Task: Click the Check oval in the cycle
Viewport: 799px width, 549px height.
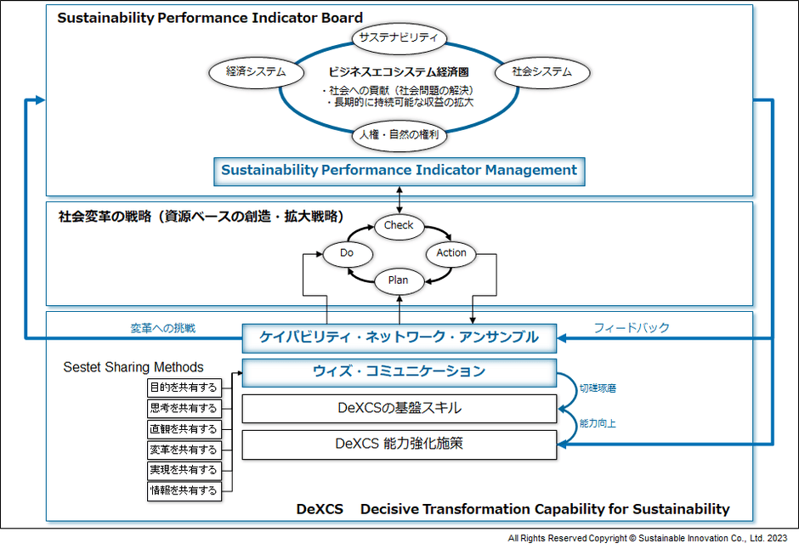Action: point(399,225)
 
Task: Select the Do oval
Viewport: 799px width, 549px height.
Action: point(346,252)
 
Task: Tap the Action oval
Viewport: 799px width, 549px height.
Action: point(451,252)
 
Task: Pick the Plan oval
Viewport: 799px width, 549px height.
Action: point(399,280)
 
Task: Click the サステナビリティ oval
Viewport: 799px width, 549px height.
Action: point(399,37)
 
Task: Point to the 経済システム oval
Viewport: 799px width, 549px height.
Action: point(256,72)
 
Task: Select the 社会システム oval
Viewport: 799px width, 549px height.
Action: point(541,72)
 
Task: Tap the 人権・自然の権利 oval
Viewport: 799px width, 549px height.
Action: point(399,133)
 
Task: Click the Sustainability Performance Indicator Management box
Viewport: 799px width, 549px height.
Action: point(399,170)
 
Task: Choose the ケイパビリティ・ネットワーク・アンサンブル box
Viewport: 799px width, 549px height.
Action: point(399,337)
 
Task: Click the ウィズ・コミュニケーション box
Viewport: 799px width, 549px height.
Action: point(399,371)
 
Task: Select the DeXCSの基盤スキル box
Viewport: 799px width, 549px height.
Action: point(399,408)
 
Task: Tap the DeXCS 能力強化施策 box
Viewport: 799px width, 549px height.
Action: point(399,444)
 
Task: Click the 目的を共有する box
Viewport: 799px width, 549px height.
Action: point(184,388)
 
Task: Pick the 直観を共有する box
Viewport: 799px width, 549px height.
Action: point(184,429)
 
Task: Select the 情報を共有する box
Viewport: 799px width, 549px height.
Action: point(184,490)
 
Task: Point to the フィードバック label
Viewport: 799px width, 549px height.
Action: point(631,328)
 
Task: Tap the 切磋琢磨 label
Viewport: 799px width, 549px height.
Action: point(598,388)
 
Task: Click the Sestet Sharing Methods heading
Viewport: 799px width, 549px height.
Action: point(133,367)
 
